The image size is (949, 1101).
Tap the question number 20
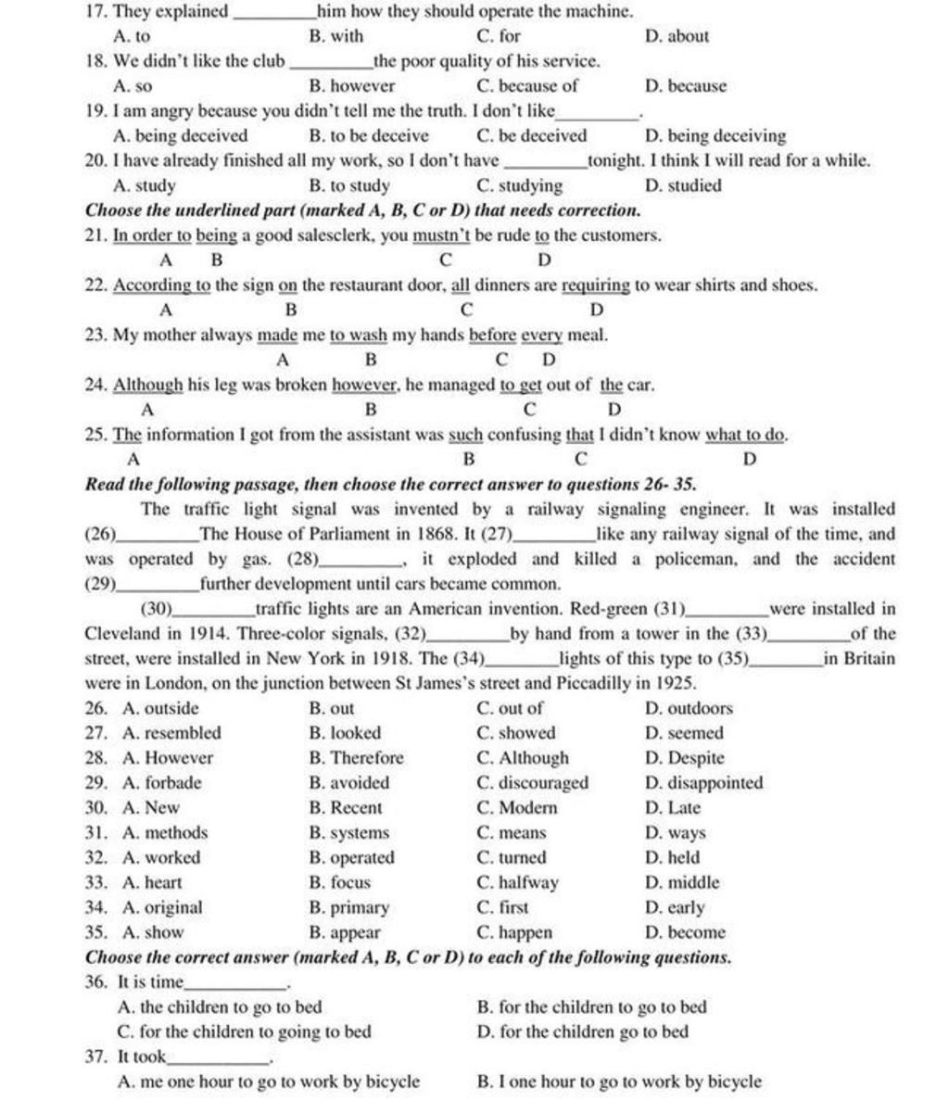coord(94,161)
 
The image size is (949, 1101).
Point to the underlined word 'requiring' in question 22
coord(596,285)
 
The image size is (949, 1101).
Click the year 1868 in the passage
coord(355,535)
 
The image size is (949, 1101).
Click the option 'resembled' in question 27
coord(171,733)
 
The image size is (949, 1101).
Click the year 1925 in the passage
coord(677,684)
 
